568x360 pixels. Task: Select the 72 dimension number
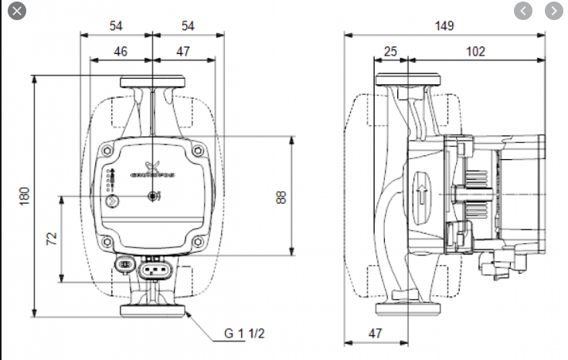(x=52, y=239)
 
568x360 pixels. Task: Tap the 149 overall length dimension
(x=444, y=25)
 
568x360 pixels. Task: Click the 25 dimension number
(x=390, y=51)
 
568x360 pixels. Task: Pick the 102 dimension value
(x=475, y=51)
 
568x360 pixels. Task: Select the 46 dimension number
(x=121, y=51)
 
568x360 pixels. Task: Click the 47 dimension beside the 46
(x=183, y=51)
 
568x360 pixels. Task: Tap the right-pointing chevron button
(x=553, y=12)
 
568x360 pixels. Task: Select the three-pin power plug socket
(x=154, y=270)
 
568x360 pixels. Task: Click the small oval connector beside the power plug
(x=124, y=265)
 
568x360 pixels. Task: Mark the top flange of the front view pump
(x=152, y=81)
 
